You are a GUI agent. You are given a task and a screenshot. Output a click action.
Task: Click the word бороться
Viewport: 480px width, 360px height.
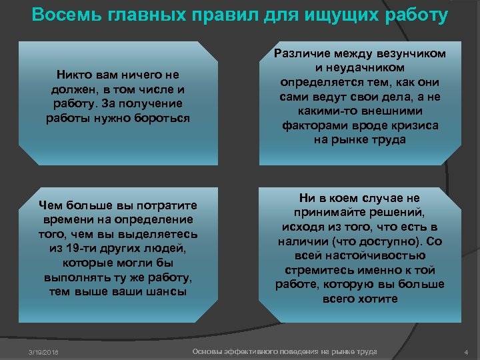(x=159, y=118)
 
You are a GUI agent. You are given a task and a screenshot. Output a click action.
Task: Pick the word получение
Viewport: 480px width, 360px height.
(x=150, y=104)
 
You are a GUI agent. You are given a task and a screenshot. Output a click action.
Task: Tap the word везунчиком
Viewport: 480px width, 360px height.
(x=412, y=54)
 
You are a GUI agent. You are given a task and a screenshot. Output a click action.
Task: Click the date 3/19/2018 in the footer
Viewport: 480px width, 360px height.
(x=42, y=352)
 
